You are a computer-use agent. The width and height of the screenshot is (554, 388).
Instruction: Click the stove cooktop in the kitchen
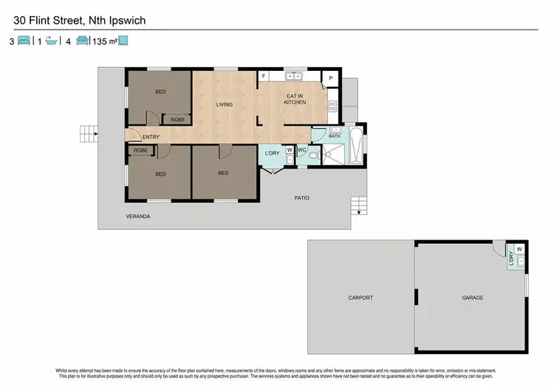pyautogui.click(x=332, y=106)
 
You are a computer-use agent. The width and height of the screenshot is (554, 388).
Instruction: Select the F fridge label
pyautogui.click(x=264, y=77)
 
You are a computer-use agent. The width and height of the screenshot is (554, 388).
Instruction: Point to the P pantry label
pyautogui.click(x=331, y=78)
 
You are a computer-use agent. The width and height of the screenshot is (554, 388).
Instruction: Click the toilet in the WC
pyautogui.click(x=313, y=155)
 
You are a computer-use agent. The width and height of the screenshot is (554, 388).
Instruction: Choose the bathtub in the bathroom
pyautogui.click(x=357, y=146)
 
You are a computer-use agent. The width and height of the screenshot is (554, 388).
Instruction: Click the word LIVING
pyautogui.click(x=224, y=104)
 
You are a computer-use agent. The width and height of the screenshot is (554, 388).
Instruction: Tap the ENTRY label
pyautogui.click(x=151, y=137)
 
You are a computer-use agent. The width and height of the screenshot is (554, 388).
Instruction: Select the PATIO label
pyautogui.click(x=301, y=198)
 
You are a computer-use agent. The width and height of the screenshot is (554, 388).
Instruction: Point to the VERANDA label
pyautogui.click(x=138, y=216)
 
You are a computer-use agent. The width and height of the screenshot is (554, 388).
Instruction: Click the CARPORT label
pyautogui.click(x=360, y=298)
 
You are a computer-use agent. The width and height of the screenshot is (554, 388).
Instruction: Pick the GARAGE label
pyautogui.click(x=473, y=298)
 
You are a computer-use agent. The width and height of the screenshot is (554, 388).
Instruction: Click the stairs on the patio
pyautogui.click(x=358, y=204)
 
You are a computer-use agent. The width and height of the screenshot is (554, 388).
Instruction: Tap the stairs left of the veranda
pyautogui.click(x=89, y=134)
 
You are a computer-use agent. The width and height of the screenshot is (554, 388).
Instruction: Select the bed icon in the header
pyautogui.click(x=23, y=41)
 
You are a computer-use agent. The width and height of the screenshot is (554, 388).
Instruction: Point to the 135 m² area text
pyautogui.click(x=105, y=41)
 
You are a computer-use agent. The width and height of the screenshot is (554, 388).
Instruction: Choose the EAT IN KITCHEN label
pyautogui.click(x=295, y=98)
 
